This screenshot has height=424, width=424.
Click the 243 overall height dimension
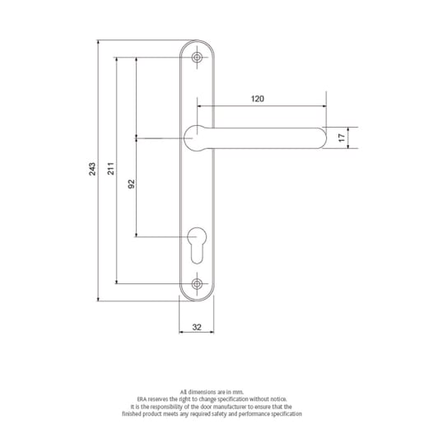tap(94, 170)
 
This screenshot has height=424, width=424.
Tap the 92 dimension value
tap(131, 186)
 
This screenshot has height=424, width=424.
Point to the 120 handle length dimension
tap(257, 98)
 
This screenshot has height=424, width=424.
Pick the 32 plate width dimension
tap(197, 327)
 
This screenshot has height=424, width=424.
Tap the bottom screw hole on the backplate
tap(197, 284)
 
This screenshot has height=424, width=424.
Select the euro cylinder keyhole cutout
tap(197, 245)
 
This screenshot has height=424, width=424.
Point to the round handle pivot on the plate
tap(197, 137)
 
